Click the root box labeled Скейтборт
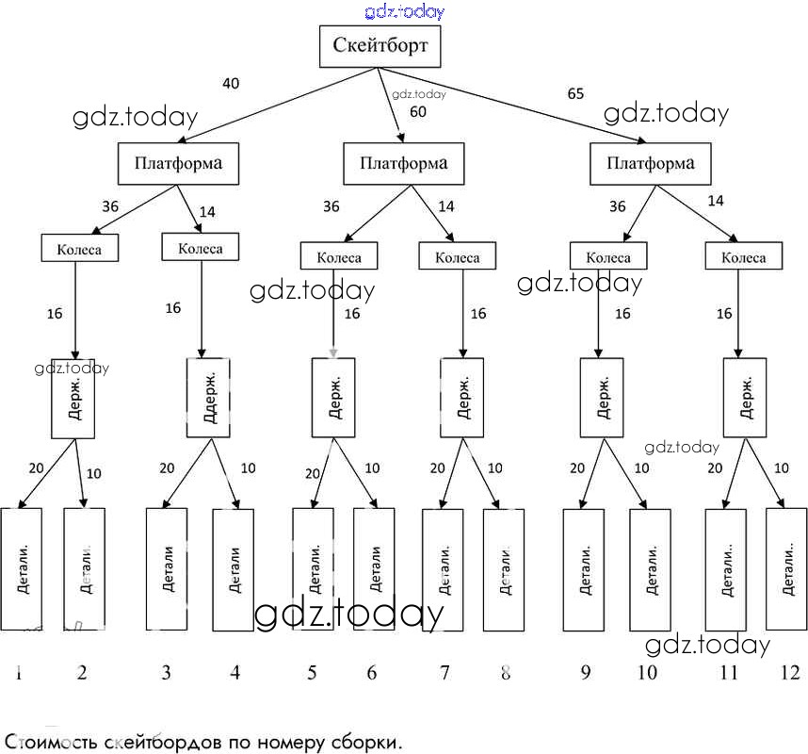380,46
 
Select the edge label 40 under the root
231,84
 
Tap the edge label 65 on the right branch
575,93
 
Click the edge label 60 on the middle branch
418,112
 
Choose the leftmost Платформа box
178,163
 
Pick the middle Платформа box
403,164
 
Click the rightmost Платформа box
651,164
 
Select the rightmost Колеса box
744,256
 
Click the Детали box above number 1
22,568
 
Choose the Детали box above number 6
374,568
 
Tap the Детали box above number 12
786,568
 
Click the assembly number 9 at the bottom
586,672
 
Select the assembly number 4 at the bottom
234,672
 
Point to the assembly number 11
729,672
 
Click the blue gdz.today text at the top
404,11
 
